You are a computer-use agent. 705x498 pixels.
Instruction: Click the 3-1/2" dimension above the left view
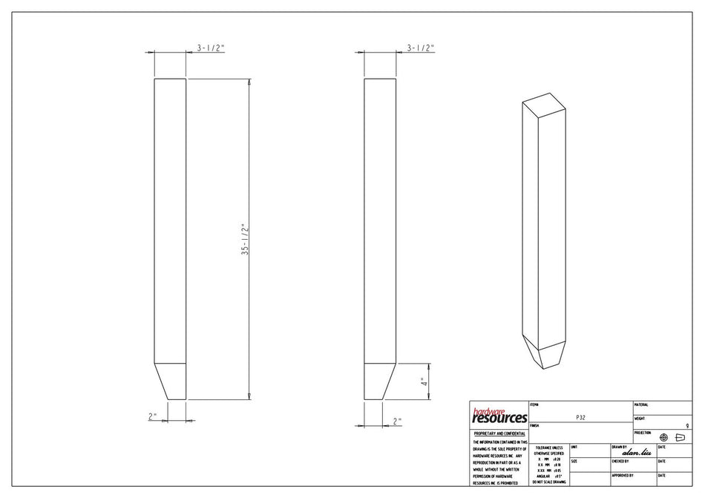coord(211,47)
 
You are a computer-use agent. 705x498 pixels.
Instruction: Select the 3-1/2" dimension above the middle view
coord(421,47)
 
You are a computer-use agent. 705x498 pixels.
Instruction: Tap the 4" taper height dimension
coord(423,382)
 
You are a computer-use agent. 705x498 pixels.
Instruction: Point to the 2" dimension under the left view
coord(153,416)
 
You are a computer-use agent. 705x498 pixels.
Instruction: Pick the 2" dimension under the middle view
coord(397,421)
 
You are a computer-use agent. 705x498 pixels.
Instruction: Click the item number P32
coord(581,418)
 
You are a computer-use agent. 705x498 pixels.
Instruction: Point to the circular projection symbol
coord(663,437)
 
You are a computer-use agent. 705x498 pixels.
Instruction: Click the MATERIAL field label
coord(642,404)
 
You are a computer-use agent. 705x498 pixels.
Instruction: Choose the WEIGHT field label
coord(640,419)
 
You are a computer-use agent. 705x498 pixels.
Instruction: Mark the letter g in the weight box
coord(688,425)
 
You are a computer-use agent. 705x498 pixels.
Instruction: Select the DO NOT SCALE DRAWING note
coord(548,482)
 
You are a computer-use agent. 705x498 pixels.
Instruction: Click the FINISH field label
coord(535,426)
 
